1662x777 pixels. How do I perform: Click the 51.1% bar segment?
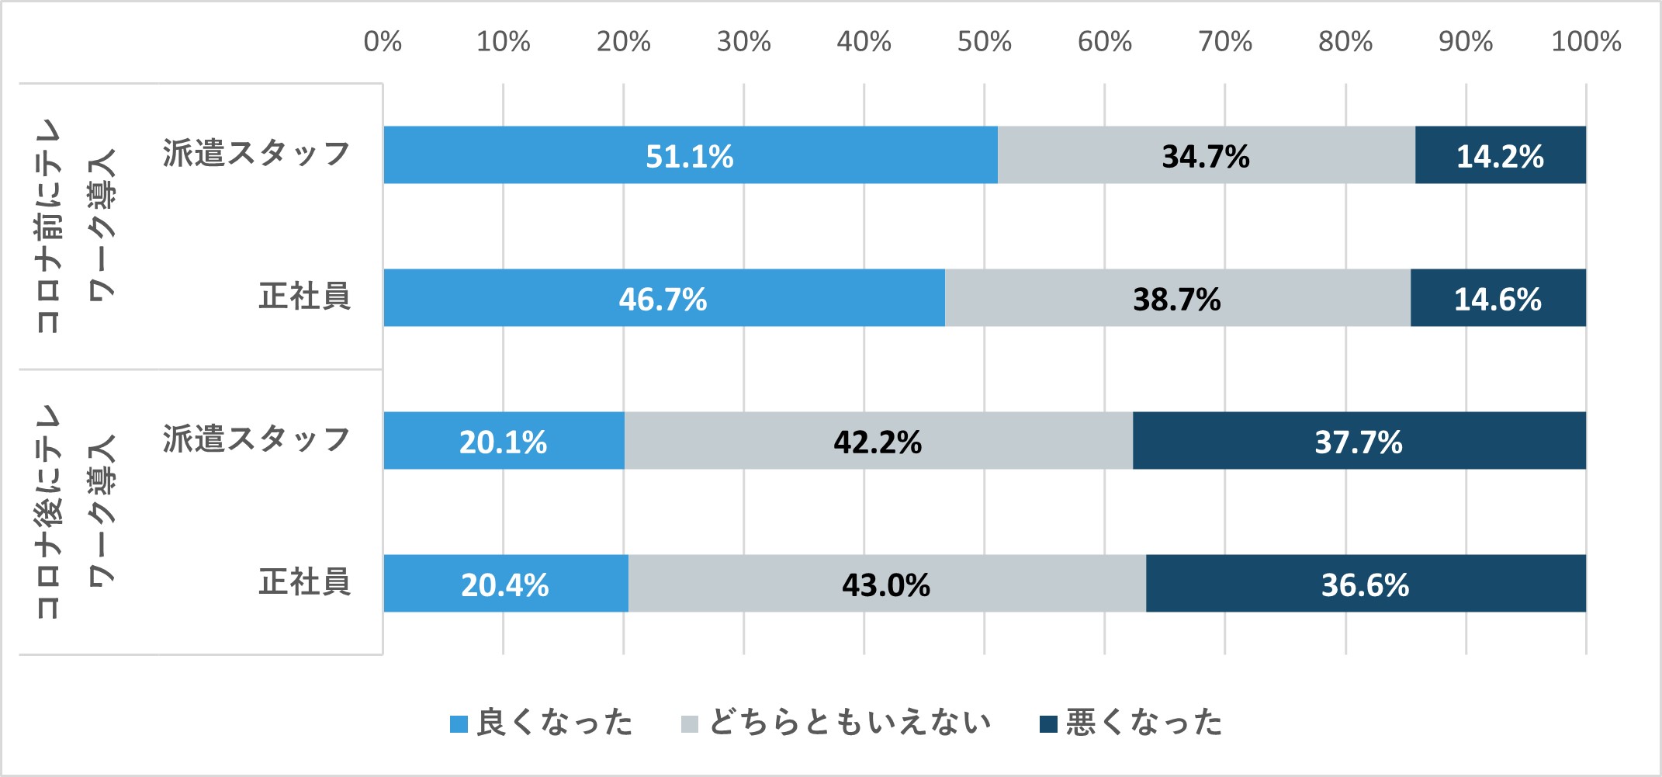690,155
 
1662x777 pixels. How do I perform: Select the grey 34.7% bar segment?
1206,155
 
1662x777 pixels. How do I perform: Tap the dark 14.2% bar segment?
1500,155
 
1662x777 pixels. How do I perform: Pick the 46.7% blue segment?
663,298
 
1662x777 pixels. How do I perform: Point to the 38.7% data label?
1176,299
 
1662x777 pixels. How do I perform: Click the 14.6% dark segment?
1498,298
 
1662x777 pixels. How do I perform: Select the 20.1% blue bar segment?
503,441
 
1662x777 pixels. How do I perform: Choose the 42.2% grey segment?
878,441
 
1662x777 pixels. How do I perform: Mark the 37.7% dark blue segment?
1359,441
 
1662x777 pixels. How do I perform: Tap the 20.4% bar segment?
505,584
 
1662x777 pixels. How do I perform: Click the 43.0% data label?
886,584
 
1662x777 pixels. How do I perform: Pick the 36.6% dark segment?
1366,584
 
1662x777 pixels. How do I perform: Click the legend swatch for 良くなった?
459,724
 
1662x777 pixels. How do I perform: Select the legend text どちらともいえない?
850,723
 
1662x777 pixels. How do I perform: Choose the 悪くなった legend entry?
1143,723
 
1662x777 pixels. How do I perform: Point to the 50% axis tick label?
984,41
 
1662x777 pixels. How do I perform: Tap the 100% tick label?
1585,41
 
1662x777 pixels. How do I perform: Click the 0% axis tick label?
383,41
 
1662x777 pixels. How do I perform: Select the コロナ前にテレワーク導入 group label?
75,226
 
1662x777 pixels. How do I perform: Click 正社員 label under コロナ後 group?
304,582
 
